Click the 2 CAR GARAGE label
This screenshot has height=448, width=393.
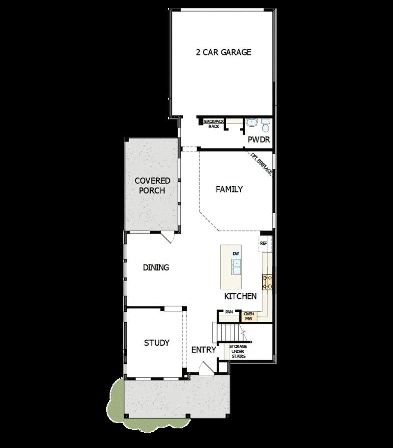224,52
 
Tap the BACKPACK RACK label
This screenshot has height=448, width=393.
213,123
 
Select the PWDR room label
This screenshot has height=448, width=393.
259,140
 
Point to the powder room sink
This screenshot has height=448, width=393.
253,122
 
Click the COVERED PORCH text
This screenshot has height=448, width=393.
152,186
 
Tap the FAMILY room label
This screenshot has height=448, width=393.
229,189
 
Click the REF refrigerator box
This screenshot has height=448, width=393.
263,243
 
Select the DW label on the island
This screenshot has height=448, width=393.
236,253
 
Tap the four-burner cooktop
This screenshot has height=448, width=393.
268,281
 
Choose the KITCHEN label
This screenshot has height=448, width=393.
241,296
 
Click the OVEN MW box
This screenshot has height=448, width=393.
249,315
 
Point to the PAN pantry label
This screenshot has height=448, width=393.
228,312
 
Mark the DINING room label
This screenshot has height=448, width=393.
156,268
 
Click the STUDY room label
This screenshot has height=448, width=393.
157,342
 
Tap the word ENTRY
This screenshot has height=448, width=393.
203,350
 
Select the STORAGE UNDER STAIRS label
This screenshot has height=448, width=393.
238,351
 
